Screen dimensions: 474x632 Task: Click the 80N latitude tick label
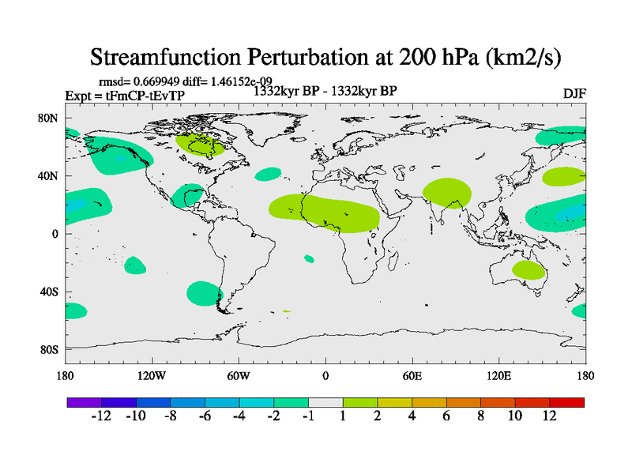[49, 118]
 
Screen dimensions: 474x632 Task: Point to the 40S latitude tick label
[49, 292]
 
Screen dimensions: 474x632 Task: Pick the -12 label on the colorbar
[101, 416]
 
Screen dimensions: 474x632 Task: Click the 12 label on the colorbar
[549, 416]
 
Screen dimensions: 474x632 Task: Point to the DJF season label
[574, 94]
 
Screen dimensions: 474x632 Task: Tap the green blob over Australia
[529, 270]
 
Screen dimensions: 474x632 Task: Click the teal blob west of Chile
[205, 293]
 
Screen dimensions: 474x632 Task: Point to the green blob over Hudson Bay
[198, 144]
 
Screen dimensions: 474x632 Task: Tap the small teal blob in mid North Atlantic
[269, 174]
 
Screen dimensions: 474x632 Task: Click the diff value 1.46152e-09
[234, 81]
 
